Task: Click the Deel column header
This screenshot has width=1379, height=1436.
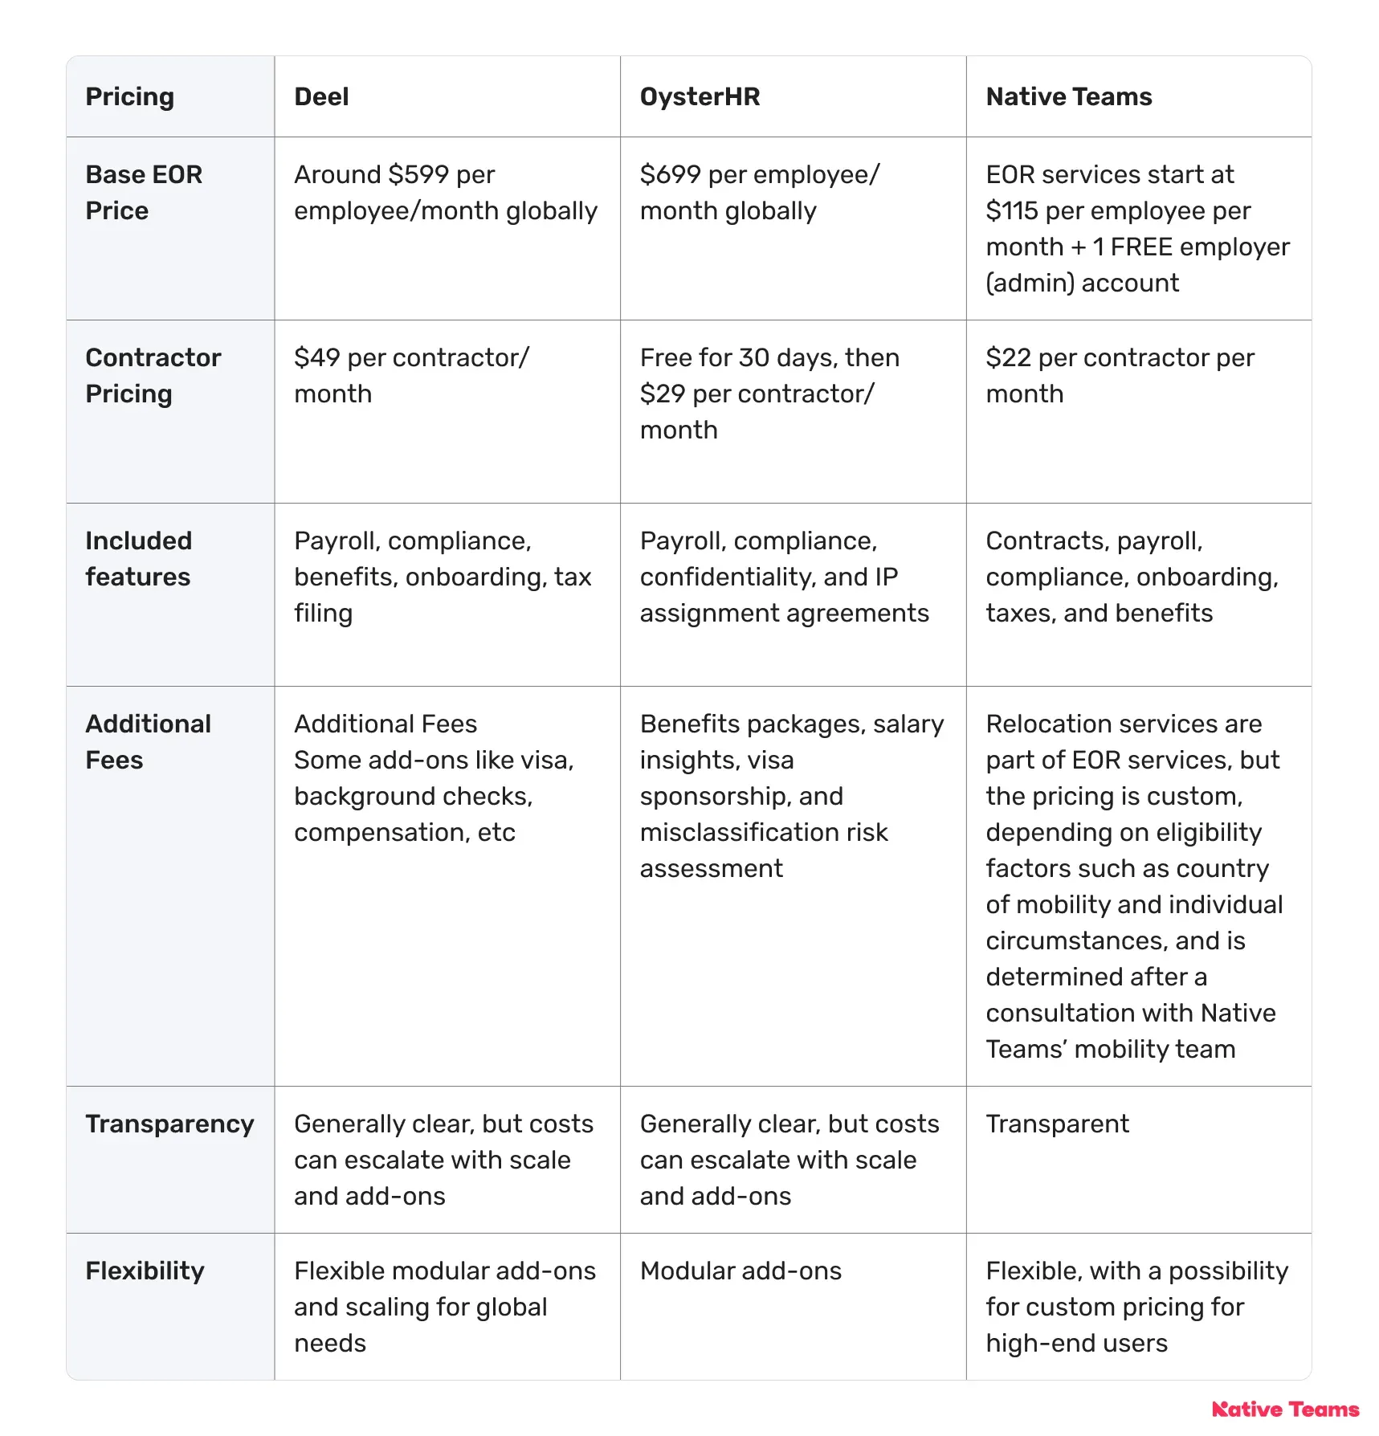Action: (321, 97)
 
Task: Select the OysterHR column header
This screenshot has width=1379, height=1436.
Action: (700, 97)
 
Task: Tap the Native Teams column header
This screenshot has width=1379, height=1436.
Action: (1068, 97)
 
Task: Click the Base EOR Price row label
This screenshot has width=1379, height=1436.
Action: (144, 193)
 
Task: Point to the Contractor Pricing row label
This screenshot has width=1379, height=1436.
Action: (153, 376)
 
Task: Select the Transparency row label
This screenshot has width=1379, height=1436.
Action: (169, 1124)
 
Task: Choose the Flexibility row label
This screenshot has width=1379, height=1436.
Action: (145, 1271)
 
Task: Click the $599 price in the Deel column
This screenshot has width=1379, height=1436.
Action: (417, 175)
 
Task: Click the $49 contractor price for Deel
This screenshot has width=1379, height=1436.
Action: (317, 358)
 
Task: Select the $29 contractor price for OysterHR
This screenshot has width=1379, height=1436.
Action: (663, 394)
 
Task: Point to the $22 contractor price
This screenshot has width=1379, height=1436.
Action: (1008, 358)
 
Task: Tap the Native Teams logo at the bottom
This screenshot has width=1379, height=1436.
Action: (1285, 1409)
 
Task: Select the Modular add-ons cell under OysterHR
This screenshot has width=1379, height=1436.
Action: (740, 1271)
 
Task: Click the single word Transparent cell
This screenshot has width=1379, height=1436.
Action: (1057, 1124)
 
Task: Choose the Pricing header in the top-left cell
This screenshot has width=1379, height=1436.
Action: (129, 97)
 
